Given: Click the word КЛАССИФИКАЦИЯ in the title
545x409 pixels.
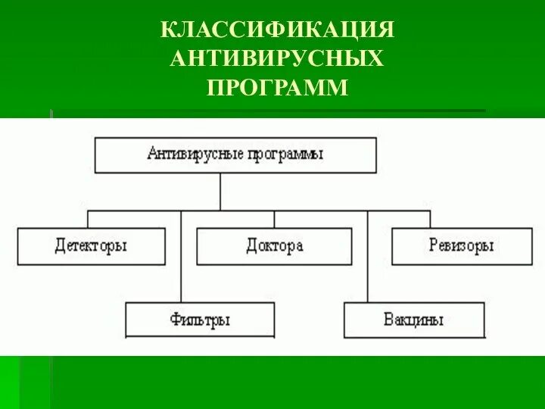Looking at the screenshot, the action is coord(278,30).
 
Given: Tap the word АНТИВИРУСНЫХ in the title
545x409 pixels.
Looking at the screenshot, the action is coord(277,58).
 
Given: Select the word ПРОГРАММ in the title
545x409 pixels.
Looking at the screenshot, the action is coord(278,87).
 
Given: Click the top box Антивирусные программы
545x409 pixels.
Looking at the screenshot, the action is coord(235,155).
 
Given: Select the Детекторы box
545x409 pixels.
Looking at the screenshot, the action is coord(92,246).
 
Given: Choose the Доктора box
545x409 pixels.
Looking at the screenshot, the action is coord(274,246).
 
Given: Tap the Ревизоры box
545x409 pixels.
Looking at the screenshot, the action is coord(461,246).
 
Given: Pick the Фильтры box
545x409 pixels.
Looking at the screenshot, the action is coord(200,320).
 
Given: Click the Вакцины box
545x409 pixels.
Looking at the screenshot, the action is coord(414,320).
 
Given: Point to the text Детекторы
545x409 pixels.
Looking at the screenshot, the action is coord(91,246).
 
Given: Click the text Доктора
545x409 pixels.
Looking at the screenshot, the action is coord(274,246).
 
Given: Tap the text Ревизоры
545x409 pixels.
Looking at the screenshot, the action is coord(461,246).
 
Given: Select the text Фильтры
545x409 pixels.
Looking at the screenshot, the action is coord(200,320).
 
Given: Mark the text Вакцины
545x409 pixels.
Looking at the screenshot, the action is coord(414,320).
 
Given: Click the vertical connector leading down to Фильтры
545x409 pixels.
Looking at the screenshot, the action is coord(181,258).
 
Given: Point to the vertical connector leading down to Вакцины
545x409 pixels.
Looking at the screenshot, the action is coord(368,258).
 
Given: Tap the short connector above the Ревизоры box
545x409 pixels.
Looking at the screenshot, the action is coord(431,219).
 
